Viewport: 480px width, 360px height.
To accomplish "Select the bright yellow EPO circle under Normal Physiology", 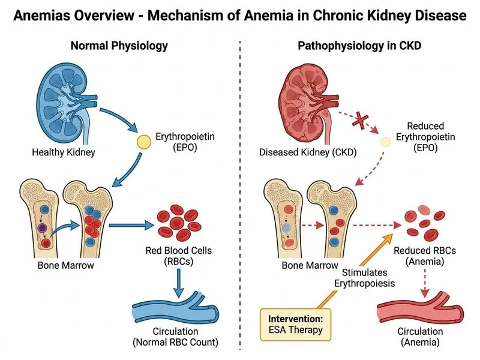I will coord(144,142).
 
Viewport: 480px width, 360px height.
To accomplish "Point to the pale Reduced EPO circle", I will coord(389,142).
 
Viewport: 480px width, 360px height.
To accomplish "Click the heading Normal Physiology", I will coord(119,46).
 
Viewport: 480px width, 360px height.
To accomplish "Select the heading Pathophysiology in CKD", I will coord(359,46).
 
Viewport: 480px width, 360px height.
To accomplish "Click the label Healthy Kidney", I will coord(64,152).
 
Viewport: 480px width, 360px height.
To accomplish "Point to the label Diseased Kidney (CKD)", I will coord(308,152).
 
